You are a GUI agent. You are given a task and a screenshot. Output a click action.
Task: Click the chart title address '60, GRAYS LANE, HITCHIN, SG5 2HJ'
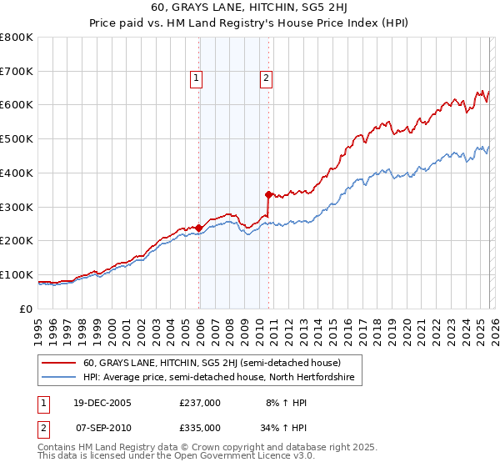[x=250, y=8]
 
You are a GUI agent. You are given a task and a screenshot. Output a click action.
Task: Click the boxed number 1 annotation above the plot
[x=196, y=79]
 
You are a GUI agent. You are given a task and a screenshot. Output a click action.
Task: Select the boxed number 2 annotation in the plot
[x=266, y=79]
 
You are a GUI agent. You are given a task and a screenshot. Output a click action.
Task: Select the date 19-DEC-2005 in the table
[x=99, y=402]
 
